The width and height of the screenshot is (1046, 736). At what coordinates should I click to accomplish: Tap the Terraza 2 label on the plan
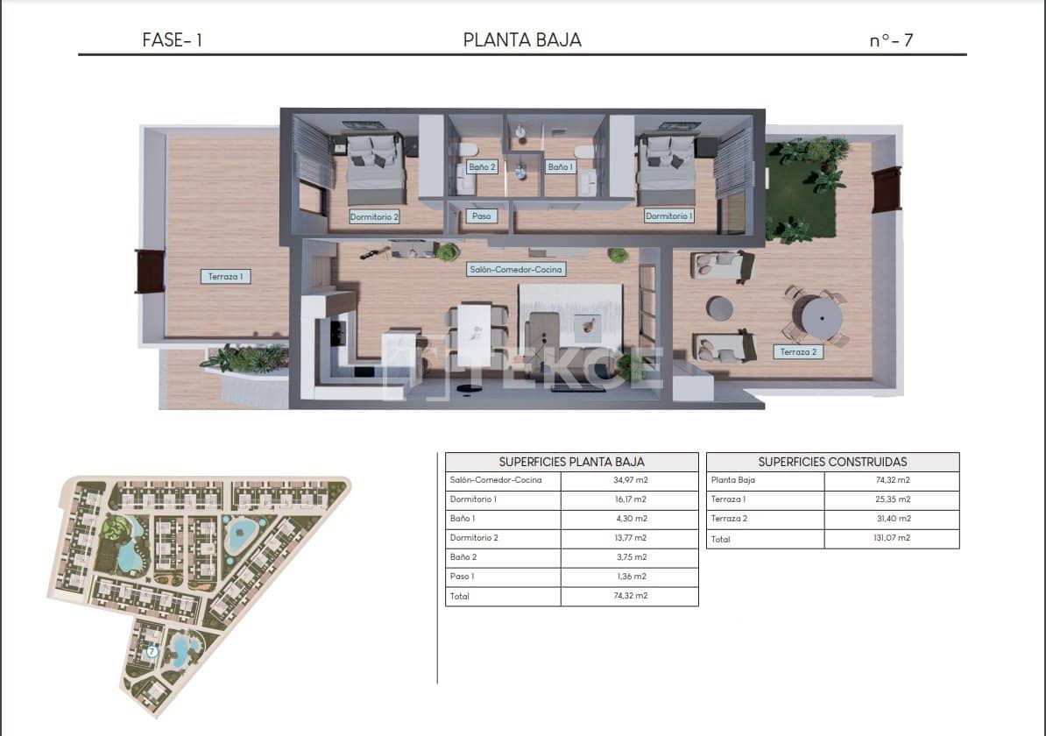coord(798,352)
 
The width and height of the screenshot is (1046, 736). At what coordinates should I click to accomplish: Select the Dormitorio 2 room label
coord(374,216)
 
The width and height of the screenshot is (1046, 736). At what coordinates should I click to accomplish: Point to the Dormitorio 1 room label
coord(668,216)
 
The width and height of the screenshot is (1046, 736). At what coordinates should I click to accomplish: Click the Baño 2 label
coord(482,166)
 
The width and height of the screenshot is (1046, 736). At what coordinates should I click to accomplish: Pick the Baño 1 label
coord(560,166)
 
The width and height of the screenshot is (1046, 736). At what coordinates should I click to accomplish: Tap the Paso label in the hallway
coord(481,216)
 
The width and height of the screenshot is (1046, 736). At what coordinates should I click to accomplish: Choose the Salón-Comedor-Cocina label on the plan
coord(515,270)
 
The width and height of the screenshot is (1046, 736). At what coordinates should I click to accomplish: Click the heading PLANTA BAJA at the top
coord(522,39)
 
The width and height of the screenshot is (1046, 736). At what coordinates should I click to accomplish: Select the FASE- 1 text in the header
coord(172,39)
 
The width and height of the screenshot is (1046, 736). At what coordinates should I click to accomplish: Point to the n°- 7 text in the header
coord(891,39)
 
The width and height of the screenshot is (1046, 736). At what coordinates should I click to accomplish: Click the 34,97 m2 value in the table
coord(629,480)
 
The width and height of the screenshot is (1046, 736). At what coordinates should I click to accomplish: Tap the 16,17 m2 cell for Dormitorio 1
coord(629,499)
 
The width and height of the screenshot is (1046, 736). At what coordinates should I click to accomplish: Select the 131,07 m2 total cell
coord(891,539)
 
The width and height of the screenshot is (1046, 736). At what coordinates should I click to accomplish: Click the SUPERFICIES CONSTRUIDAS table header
coord(832,462)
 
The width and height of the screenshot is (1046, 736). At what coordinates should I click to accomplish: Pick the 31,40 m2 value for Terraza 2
coord(891,519)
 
